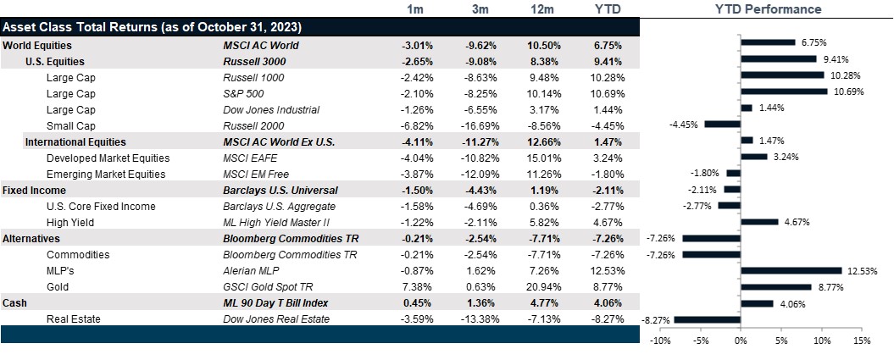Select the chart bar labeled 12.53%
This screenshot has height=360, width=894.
(791, 271)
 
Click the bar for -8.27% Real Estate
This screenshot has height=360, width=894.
(708, 319)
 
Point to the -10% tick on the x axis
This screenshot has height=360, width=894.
(659, 341)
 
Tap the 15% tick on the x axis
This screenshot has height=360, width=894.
(862, 341)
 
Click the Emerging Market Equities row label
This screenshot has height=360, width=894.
(108, 174)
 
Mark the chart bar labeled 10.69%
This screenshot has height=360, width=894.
(784, 93)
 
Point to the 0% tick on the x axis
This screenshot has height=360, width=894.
(740, 341)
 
